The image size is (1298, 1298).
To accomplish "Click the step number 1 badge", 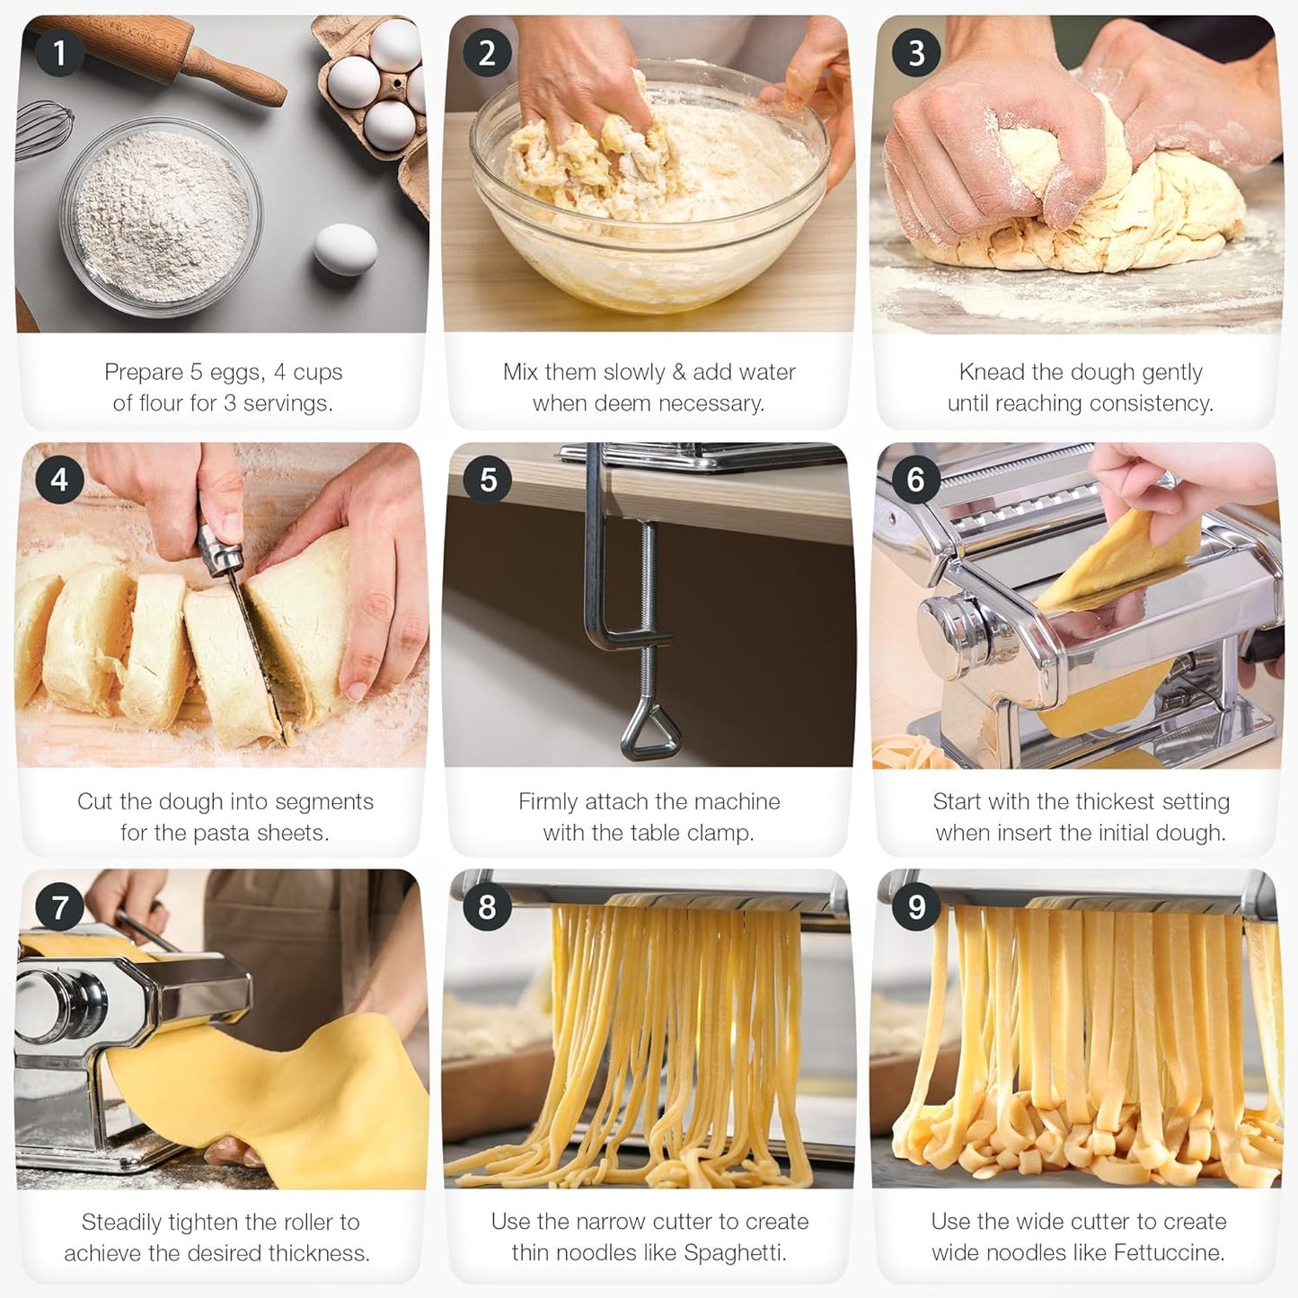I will point(59,52).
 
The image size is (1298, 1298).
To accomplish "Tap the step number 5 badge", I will point(488,479).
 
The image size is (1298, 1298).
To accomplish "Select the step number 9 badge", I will point(916,906).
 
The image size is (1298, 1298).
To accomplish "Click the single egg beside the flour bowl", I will point(346,249).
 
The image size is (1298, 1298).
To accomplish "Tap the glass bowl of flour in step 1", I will point(162,216).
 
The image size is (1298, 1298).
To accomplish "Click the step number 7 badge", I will point(59,906).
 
